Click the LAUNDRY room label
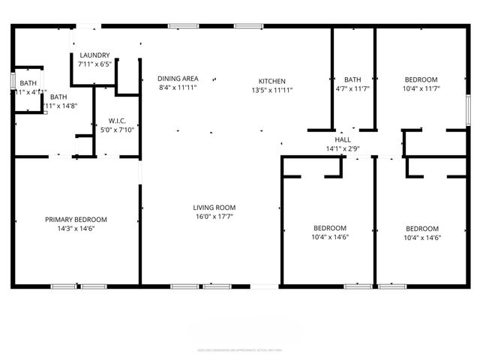[94, 55]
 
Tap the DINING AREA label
[178, 78]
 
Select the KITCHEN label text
[271, 80]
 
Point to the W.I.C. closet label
[116, 120]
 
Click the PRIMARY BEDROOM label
[76, 220]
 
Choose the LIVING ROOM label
[214, 208]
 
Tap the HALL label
[343, 139]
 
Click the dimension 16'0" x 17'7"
[214, 217]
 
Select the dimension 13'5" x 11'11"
[271, 89]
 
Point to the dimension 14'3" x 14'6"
[76, 229]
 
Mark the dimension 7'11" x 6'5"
[94, 64]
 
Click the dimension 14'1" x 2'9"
[343, 148]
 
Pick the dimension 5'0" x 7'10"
[116, 129]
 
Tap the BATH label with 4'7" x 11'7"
[352, 80]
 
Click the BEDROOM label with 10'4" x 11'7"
[421, 80]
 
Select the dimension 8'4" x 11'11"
[178, 87]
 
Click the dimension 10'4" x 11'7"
[421, 89]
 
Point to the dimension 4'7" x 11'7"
[352, 89]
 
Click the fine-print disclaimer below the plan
[240, 349]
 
